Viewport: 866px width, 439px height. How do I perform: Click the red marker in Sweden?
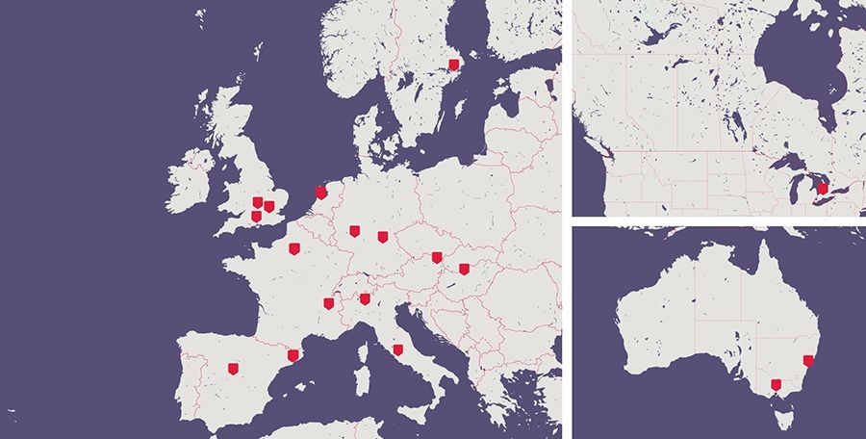pos(454,65)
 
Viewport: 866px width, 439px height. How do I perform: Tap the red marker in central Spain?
pos(232,368)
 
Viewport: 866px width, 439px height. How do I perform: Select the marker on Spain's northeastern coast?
pos(293,356)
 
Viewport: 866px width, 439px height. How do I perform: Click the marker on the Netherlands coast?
pos(320,192)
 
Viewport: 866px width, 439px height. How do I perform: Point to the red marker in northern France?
pos(293,248)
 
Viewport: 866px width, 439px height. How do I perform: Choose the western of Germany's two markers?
pos(354,231)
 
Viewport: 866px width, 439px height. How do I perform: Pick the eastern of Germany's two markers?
pos(382,236)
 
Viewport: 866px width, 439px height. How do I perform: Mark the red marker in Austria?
pos(437,257)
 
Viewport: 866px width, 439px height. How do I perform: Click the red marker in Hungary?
pos(464,269)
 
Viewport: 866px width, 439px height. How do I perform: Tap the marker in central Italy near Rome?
pos(397,349)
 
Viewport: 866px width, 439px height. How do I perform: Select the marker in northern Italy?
pos(365,298)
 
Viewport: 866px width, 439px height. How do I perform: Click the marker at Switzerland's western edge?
pos(328,303)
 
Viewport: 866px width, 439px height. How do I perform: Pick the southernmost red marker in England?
pos(256,217)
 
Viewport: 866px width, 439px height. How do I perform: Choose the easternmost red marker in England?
pos(269,206)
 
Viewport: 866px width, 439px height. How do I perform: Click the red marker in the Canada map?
pos(822,190)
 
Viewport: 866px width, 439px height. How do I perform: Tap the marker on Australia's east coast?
pos(808,361)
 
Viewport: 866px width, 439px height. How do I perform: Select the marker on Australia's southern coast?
pos(776,385)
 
